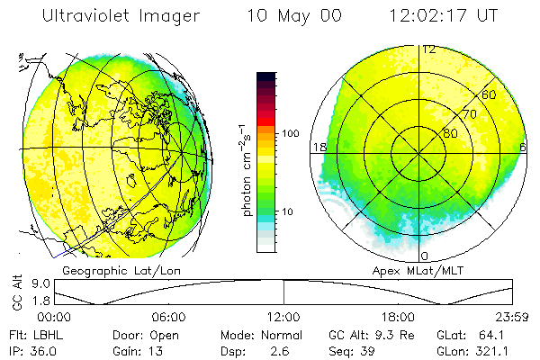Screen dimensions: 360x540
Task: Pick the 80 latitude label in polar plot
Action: [449, 133]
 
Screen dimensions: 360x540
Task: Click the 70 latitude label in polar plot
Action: [468, 114]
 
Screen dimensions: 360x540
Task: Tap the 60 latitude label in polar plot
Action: [489, 94]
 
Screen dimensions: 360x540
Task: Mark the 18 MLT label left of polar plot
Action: [318, 147]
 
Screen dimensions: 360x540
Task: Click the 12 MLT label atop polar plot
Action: [429, 49]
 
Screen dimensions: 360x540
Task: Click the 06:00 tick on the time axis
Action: [169, 317]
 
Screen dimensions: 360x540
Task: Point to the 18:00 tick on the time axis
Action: [398, 317]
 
